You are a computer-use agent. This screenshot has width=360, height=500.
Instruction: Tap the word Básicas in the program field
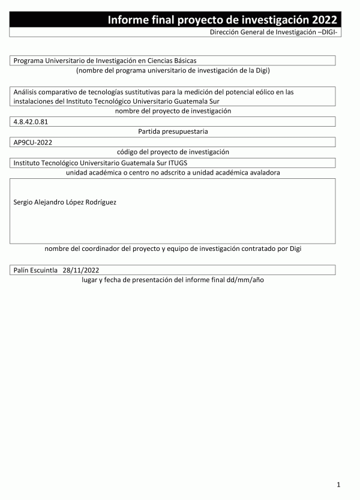click(x=184, y=61)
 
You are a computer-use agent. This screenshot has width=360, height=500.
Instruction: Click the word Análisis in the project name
click(x=27, y=92)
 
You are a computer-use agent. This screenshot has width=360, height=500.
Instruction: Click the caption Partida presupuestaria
click(x=173, y=131)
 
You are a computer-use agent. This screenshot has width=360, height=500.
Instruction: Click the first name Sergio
click(x=24, y=202)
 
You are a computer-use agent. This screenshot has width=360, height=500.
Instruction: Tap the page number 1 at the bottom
click(x=339, y=484)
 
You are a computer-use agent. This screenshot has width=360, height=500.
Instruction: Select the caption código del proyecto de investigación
click(x=173, y=152)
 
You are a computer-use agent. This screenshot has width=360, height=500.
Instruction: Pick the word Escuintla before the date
click(x=46, y=270)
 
